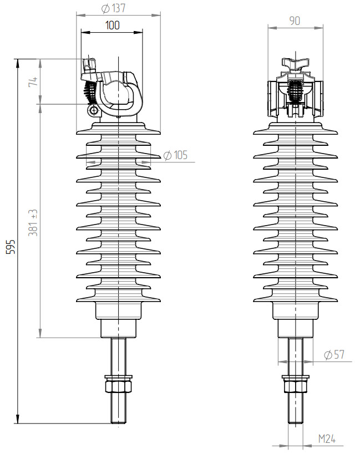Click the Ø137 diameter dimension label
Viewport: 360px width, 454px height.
(x=114, y=8)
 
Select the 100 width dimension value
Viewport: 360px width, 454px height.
(x=112, y=25)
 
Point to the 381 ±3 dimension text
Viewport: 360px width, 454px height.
(x=33, y=222)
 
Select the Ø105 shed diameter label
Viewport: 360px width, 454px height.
(x=176, y=155)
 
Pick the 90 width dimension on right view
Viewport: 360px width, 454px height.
(x=295, y=21)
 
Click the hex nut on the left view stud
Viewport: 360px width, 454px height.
(x=118, y=383)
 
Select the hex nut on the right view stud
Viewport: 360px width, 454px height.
(x=295, y=383)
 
